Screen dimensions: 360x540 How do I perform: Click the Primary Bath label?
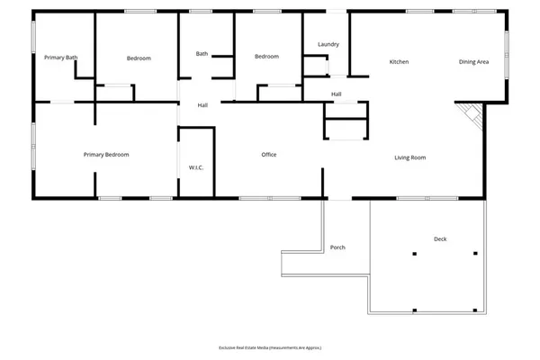coord(61,58)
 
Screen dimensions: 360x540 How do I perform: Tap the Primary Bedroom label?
coord(106,155)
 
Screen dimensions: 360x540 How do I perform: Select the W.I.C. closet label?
coord(195,167)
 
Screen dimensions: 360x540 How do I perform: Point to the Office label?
coord(268,155)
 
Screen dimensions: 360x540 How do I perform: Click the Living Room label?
coord(409,157)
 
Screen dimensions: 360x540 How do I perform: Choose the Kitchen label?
coord(399,61)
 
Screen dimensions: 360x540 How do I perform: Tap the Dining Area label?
coord(473,61)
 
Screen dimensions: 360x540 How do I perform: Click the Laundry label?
coord(328,44)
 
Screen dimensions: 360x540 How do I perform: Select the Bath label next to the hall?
coord(202,54)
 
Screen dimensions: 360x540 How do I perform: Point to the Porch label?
coord(337,247)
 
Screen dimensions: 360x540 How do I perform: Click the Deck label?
coord(440,238)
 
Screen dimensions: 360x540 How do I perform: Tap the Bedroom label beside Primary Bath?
coord(139,58)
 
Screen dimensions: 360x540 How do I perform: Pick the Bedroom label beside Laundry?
coord(266,57)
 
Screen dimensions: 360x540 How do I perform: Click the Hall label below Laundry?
coord(336,94)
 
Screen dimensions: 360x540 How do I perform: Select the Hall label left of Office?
coord(203,106)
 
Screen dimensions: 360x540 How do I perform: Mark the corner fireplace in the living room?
coord(469,114)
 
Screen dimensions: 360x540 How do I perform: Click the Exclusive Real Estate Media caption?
coord(270,347)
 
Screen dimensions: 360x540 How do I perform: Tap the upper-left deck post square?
coord(415,255)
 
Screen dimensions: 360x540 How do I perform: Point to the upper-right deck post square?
coord(475,255)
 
